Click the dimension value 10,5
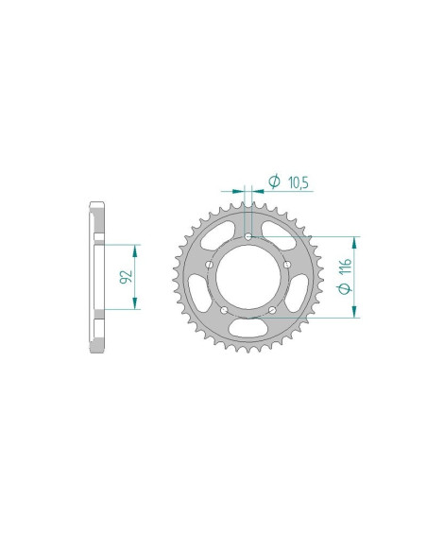coord(295,181)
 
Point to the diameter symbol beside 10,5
coord(272,181)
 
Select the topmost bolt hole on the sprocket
coord(248,236)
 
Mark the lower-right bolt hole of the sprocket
coord(271,310)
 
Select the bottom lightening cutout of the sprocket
coord(248,329)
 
